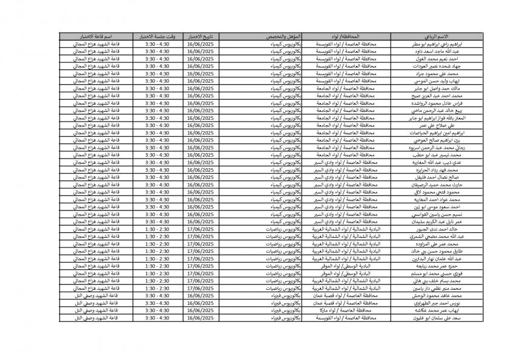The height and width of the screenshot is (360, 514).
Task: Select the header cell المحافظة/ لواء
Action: click(x=344, y=37)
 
